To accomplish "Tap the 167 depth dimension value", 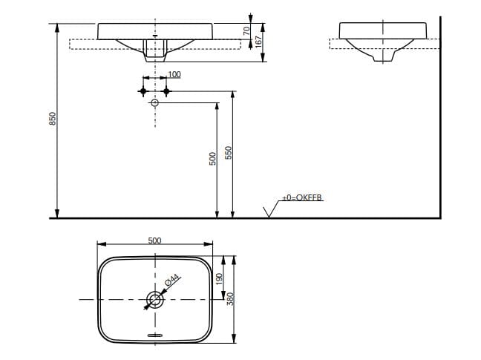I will (x=259, y=42).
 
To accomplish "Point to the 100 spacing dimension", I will (x=174, y=74).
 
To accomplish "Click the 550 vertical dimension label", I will (x=229, y=152).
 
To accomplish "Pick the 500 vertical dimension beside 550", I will (x=212, y=157).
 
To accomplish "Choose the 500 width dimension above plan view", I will (x=154, y=240).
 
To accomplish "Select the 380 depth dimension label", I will (x=230, y=298).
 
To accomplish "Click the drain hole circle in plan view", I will (x=154, y=299).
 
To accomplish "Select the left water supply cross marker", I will (x=143, y=91).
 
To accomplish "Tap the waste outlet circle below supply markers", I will (x=155, y=103).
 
